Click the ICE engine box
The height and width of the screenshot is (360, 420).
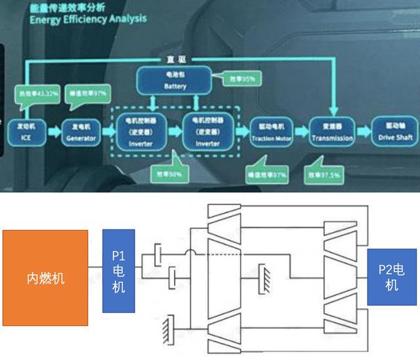point(26,131)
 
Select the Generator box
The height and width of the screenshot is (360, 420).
point(81,131)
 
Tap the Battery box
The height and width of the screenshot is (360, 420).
point(175,81)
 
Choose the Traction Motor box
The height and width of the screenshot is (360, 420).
point(270,132)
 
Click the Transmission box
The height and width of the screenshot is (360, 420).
point(332,132)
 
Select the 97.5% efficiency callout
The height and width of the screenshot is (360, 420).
point(325,176)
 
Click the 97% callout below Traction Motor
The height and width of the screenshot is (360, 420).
point(264,175)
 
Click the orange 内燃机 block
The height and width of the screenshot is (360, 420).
point(45,278)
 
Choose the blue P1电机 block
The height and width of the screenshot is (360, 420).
point(119,270)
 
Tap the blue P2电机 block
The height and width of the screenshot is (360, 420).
point(391,277)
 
